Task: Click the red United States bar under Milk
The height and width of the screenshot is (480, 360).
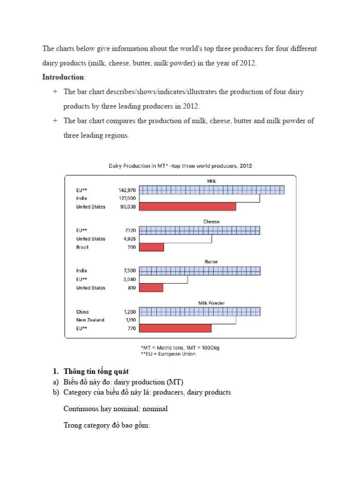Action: click(188, 207)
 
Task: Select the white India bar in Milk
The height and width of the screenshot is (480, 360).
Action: click(200, 198)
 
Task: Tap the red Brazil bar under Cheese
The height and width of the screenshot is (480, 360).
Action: click(152, 247)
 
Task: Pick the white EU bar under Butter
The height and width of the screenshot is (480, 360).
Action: click(164, 279)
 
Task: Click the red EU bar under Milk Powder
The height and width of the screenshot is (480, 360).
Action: click(176, 328)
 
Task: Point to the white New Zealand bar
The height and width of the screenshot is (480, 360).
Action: click(187, 320)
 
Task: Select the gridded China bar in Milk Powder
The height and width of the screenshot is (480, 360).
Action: click(200, 312)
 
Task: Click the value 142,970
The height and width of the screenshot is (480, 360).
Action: click(127, 190)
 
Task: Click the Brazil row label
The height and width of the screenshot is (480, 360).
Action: click(82, 247)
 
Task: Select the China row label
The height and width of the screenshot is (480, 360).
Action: click(82, 312)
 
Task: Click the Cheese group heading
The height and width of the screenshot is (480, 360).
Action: click(211, 222)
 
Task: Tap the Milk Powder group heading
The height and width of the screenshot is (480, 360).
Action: click(211, 303)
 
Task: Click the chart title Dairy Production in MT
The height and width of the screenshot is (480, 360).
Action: click(180, 166)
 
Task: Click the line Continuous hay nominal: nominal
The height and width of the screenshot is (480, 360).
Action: click(115, 409)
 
